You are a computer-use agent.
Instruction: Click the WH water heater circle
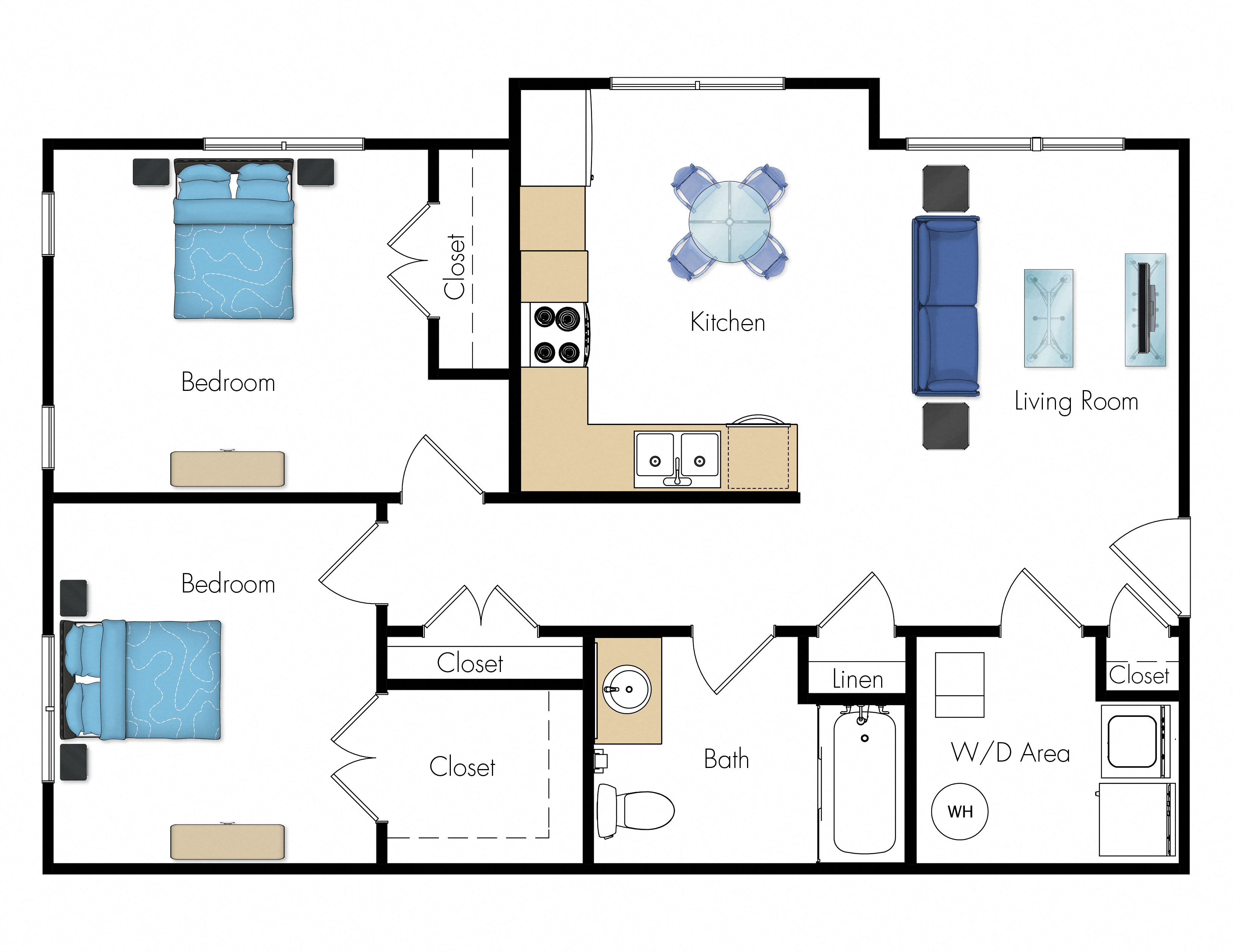pyautogui.click(x=959, y=812)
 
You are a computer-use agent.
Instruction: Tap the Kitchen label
pyautogui.click(x=728, y=322)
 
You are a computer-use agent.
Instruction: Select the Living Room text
pyautogui.click(x=1076, y=402)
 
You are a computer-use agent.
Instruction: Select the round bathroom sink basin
pyautogui.click(x=627, y=690)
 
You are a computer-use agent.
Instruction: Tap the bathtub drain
pyautogui.click(x=864, y=738)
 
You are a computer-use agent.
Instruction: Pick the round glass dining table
pyautogui.click(x=729, y=222)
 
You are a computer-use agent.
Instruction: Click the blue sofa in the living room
pyautogui.click(x=946, y=305)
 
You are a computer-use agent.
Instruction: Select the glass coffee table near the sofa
pyautogui.click(x=1048, y=318)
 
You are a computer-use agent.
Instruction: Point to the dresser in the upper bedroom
pyautogui.click(x=227, y=469)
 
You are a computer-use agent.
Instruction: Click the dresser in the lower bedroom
pyautogui.click(x=227, y=842)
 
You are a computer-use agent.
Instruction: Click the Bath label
pyautogui.click(x=726, y=759)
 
